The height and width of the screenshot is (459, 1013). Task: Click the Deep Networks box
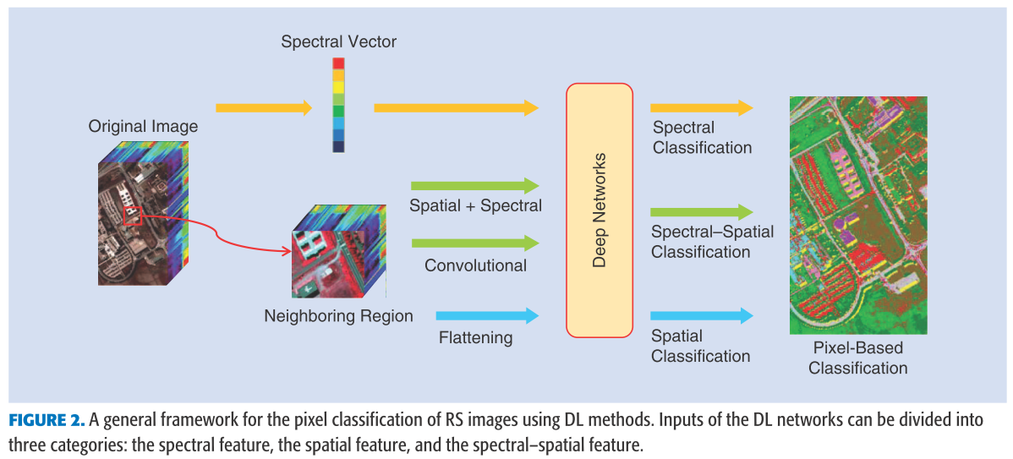tap(599, 210)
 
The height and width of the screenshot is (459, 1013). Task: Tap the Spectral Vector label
tap(338, 41)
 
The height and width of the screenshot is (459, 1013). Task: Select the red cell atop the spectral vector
tap(338, 63)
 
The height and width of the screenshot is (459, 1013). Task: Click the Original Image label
tap(143, 127)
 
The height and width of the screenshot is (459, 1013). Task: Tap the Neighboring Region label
tap(338, 316)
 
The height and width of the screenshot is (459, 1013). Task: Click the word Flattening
tap(475, 338)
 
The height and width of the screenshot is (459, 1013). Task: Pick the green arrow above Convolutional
tap(474, 243)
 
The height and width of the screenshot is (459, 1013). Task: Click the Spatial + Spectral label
tap(475, 205)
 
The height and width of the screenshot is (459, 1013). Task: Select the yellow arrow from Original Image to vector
tap(264, 108)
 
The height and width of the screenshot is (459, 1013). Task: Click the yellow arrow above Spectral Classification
tap(701, 108)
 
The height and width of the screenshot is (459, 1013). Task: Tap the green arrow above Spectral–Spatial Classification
tap(701, 211)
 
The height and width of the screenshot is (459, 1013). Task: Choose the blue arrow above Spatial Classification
tap(701, 315)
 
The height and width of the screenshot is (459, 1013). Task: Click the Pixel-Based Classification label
tap(857, 358)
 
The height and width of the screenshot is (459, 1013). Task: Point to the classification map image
tap(857, 215)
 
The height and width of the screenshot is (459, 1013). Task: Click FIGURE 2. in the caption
tap(47, 421)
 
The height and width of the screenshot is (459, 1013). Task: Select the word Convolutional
tap(475, 265)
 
